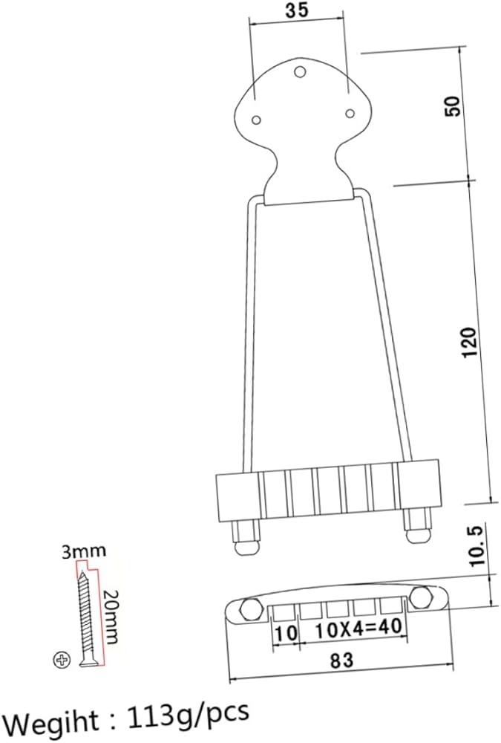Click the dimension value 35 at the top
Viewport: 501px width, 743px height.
[297, 10]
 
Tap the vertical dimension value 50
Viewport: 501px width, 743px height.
[452, 106]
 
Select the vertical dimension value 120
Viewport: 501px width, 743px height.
[469, 342]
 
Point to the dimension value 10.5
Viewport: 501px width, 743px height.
[478, 545]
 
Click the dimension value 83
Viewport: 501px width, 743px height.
[342, 660]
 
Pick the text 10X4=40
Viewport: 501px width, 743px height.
[359, 629]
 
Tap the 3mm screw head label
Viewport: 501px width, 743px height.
[84, 552]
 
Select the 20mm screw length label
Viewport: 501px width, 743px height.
[111, 617]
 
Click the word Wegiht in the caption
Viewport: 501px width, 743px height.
[53, 721]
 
